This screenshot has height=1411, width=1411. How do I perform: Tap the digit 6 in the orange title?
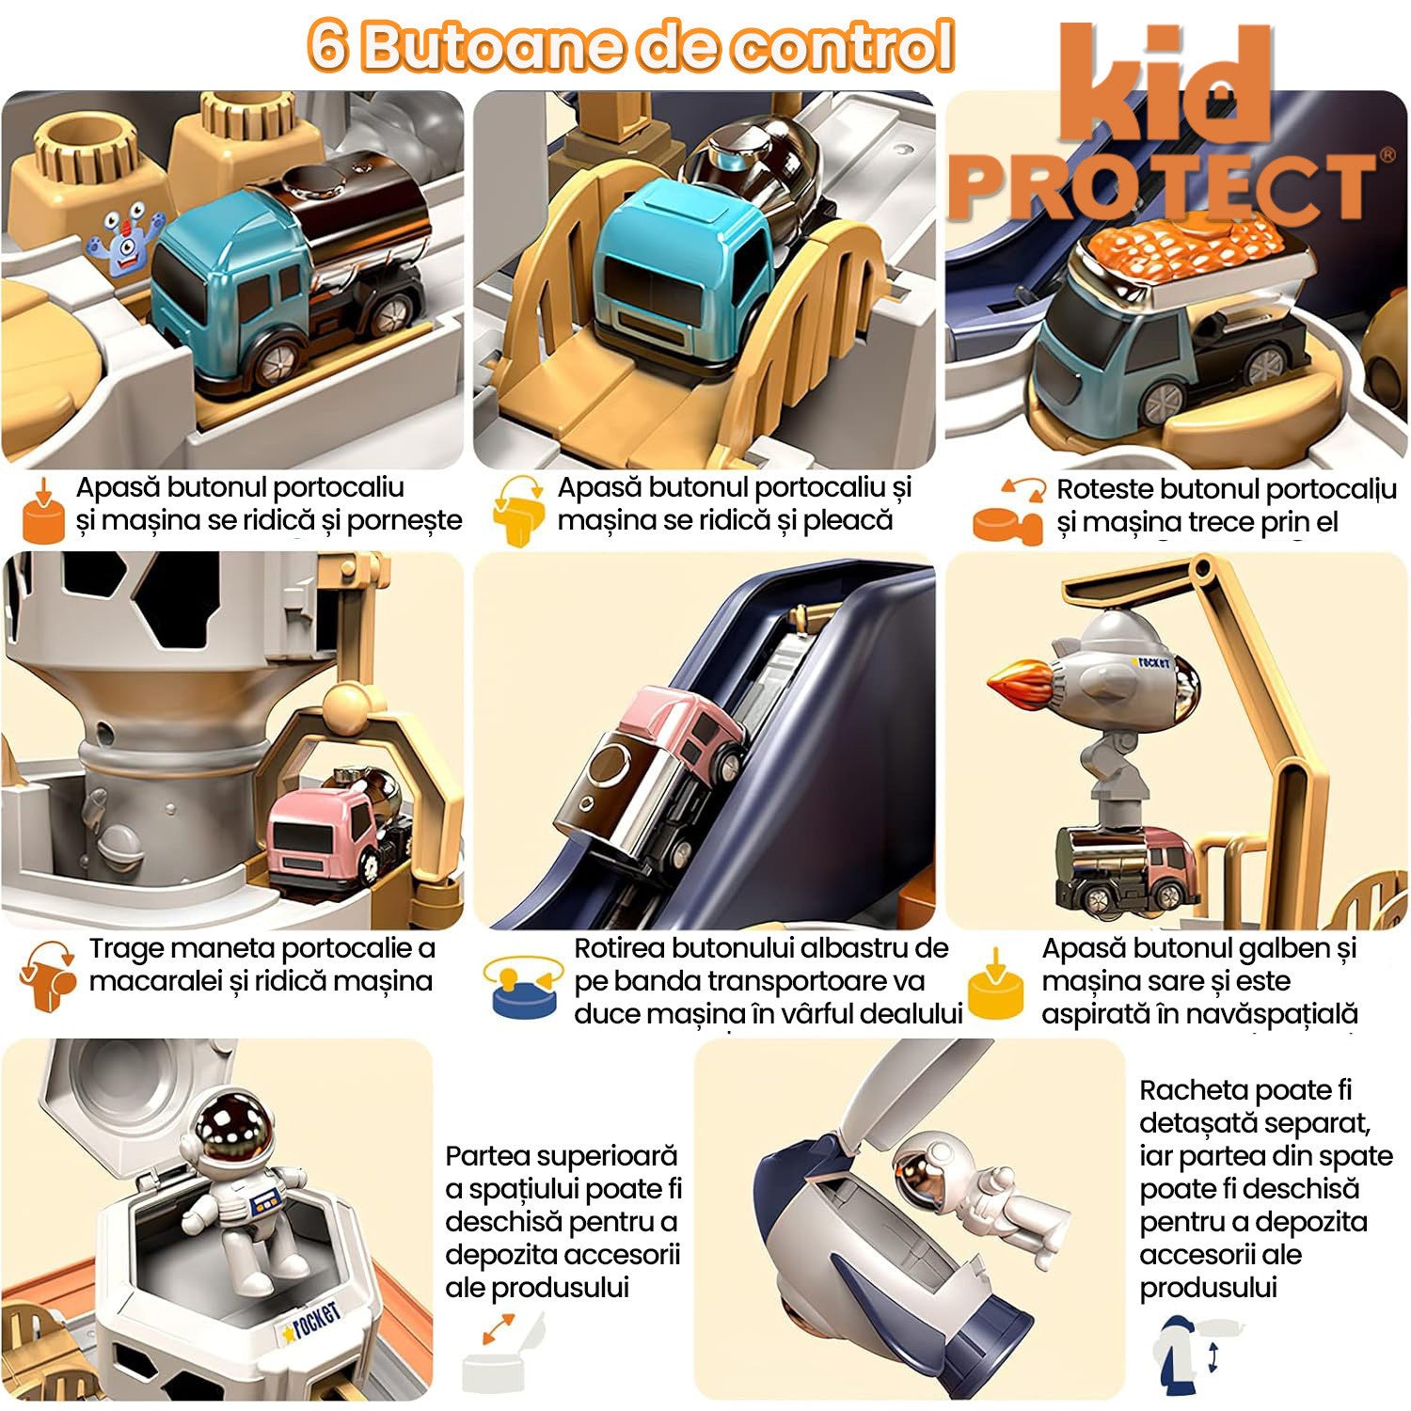pyautogui.click(x=328, y=45)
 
